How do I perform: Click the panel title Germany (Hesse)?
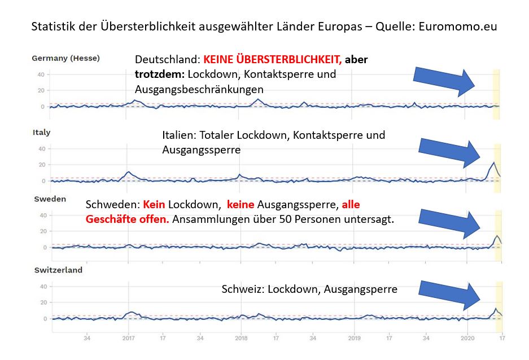click(65, 58)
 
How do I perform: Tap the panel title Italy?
click(41, 133)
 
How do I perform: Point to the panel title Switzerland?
click(58, 270)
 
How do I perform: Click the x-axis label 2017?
click(129, 339)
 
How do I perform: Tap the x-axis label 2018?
click(241, 339)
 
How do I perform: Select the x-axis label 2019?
click(354, 339)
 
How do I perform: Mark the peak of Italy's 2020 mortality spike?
click(494, 163)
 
